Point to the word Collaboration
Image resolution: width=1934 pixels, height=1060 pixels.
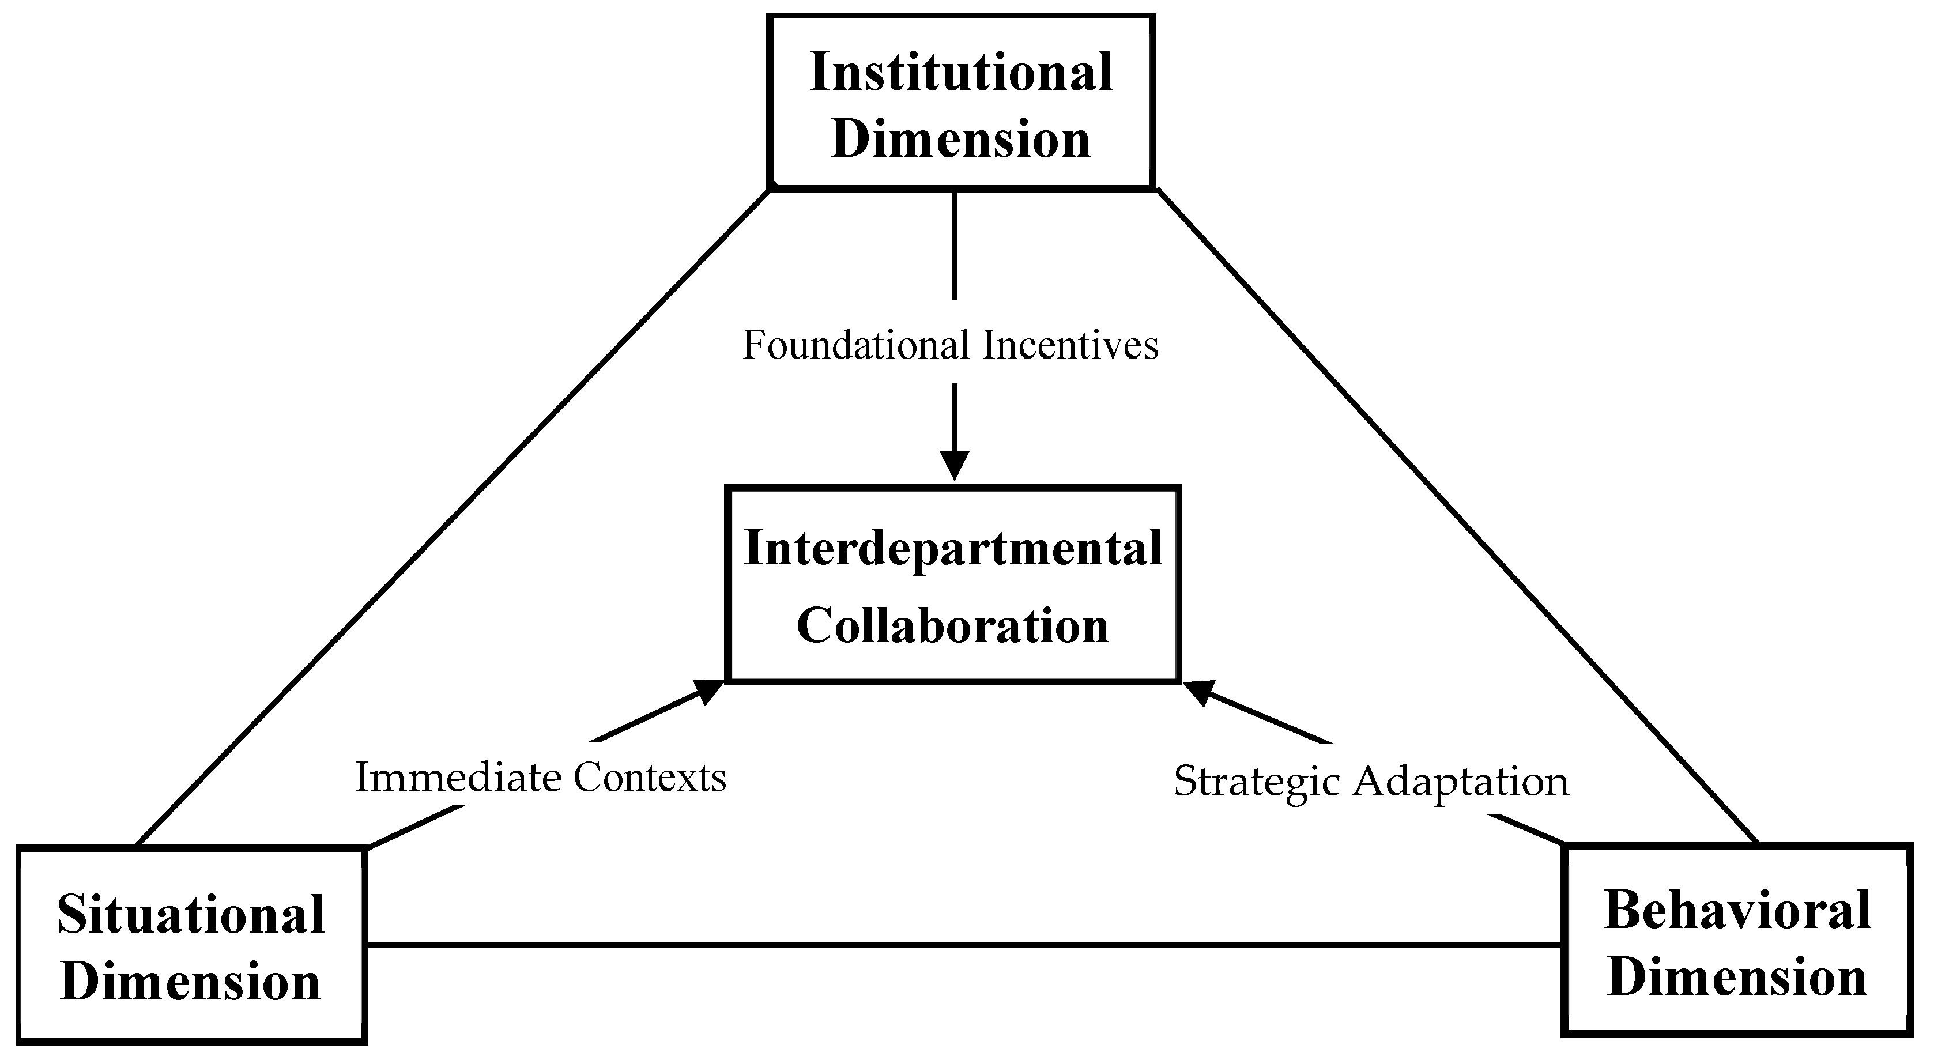[952, 625]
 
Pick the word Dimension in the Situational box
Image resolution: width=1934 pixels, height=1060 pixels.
[191, 982]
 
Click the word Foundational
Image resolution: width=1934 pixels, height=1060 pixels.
[856, 346]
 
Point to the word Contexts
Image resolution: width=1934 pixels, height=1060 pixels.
[650, 777]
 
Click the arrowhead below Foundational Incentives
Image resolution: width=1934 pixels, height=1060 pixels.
[954, 465]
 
